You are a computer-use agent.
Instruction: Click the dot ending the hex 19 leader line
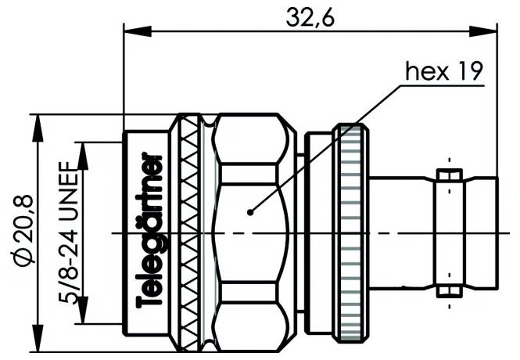249,211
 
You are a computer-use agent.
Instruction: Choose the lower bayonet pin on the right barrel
448,292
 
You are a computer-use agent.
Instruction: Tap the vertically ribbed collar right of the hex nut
350,232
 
